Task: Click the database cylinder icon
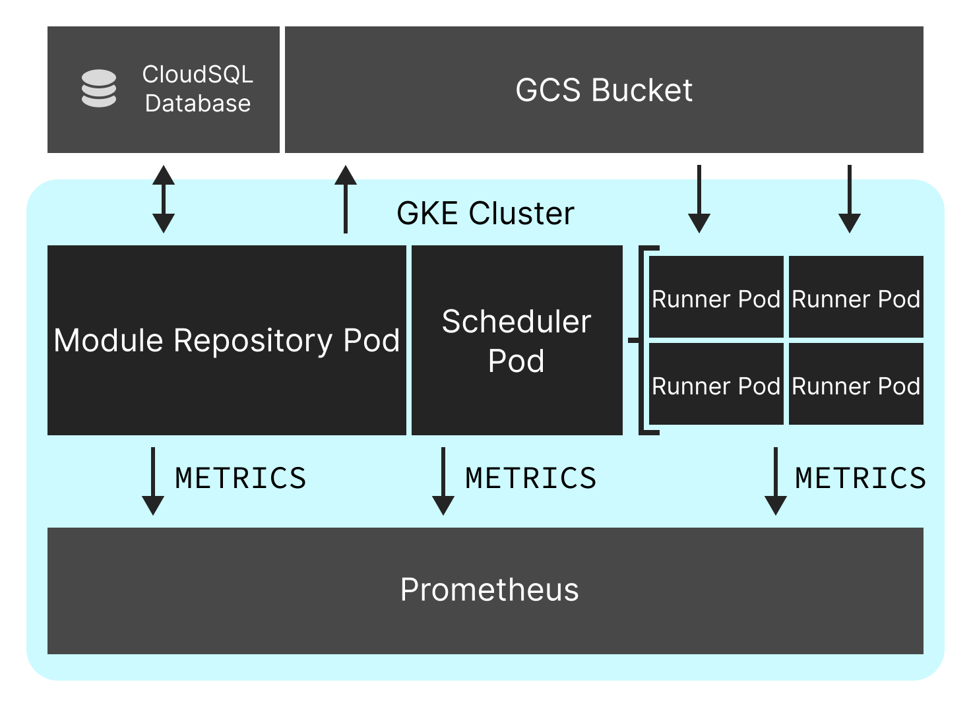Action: (99, 88)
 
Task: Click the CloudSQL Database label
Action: (198, 89)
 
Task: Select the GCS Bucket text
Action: (604, 90)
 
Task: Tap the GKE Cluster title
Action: (485, 213)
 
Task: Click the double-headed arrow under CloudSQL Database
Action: (164, 199)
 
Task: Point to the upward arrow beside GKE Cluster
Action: (346, 199)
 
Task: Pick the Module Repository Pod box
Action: (227, 340)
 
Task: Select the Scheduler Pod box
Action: (517, 340)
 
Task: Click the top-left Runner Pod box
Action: (716, 297)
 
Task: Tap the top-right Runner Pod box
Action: (856, 297)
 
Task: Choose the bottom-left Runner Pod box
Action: (716, 384)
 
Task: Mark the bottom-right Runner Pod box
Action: (856, 384)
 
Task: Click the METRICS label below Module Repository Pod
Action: (241, 478)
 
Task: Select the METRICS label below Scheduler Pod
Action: (531, 478)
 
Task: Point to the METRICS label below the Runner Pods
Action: (860, 478)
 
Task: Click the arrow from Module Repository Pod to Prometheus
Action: (153, 481)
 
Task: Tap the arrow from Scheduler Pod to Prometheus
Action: (443, 481)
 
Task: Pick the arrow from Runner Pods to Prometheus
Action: (776, 481)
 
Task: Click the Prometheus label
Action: (489, 590)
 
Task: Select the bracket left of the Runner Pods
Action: (644, 340)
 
